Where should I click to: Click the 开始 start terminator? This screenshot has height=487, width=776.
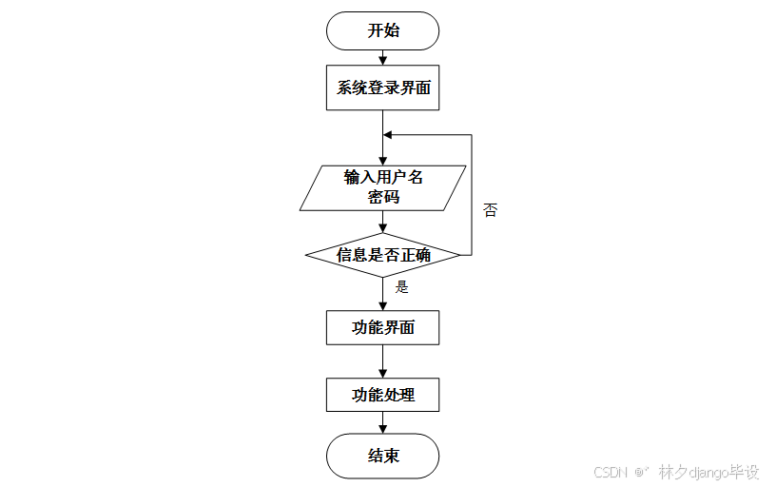[383, 30]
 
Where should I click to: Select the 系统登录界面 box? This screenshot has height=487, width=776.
[383, 89]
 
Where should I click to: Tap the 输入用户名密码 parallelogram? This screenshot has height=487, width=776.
[383, 187]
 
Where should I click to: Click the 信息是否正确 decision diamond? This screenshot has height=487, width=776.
[383, 255]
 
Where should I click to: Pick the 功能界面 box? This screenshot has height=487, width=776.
[383, 328]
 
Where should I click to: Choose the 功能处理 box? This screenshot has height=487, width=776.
[383, 395]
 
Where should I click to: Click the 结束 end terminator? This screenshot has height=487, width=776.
[383, 457]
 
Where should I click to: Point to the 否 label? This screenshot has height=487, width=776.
[490, 210]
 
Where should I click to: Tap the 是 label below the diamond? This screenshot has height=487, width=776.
[401, 286]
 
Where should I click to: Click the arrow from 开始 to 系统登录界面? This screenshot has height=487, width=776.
[383, 59]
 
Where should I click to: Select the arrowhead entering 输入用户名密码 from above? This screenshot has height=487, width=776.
[383, 160]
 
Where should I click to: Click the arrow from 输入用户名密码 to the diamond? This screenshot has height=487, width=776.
[383, 222]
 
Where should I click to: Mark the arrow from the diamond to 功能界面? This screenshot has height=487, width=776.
[383, 294]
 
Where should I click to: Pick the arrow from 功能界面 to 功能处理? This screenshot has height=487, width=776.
[383, 361]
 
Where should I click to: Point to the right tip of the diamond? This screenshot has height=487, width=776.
[460, 255]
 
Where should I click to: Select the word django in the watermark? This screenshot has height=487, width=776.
[708, 472]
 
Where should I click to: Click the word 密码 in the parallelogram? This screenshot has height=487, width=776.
[383, 198]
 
